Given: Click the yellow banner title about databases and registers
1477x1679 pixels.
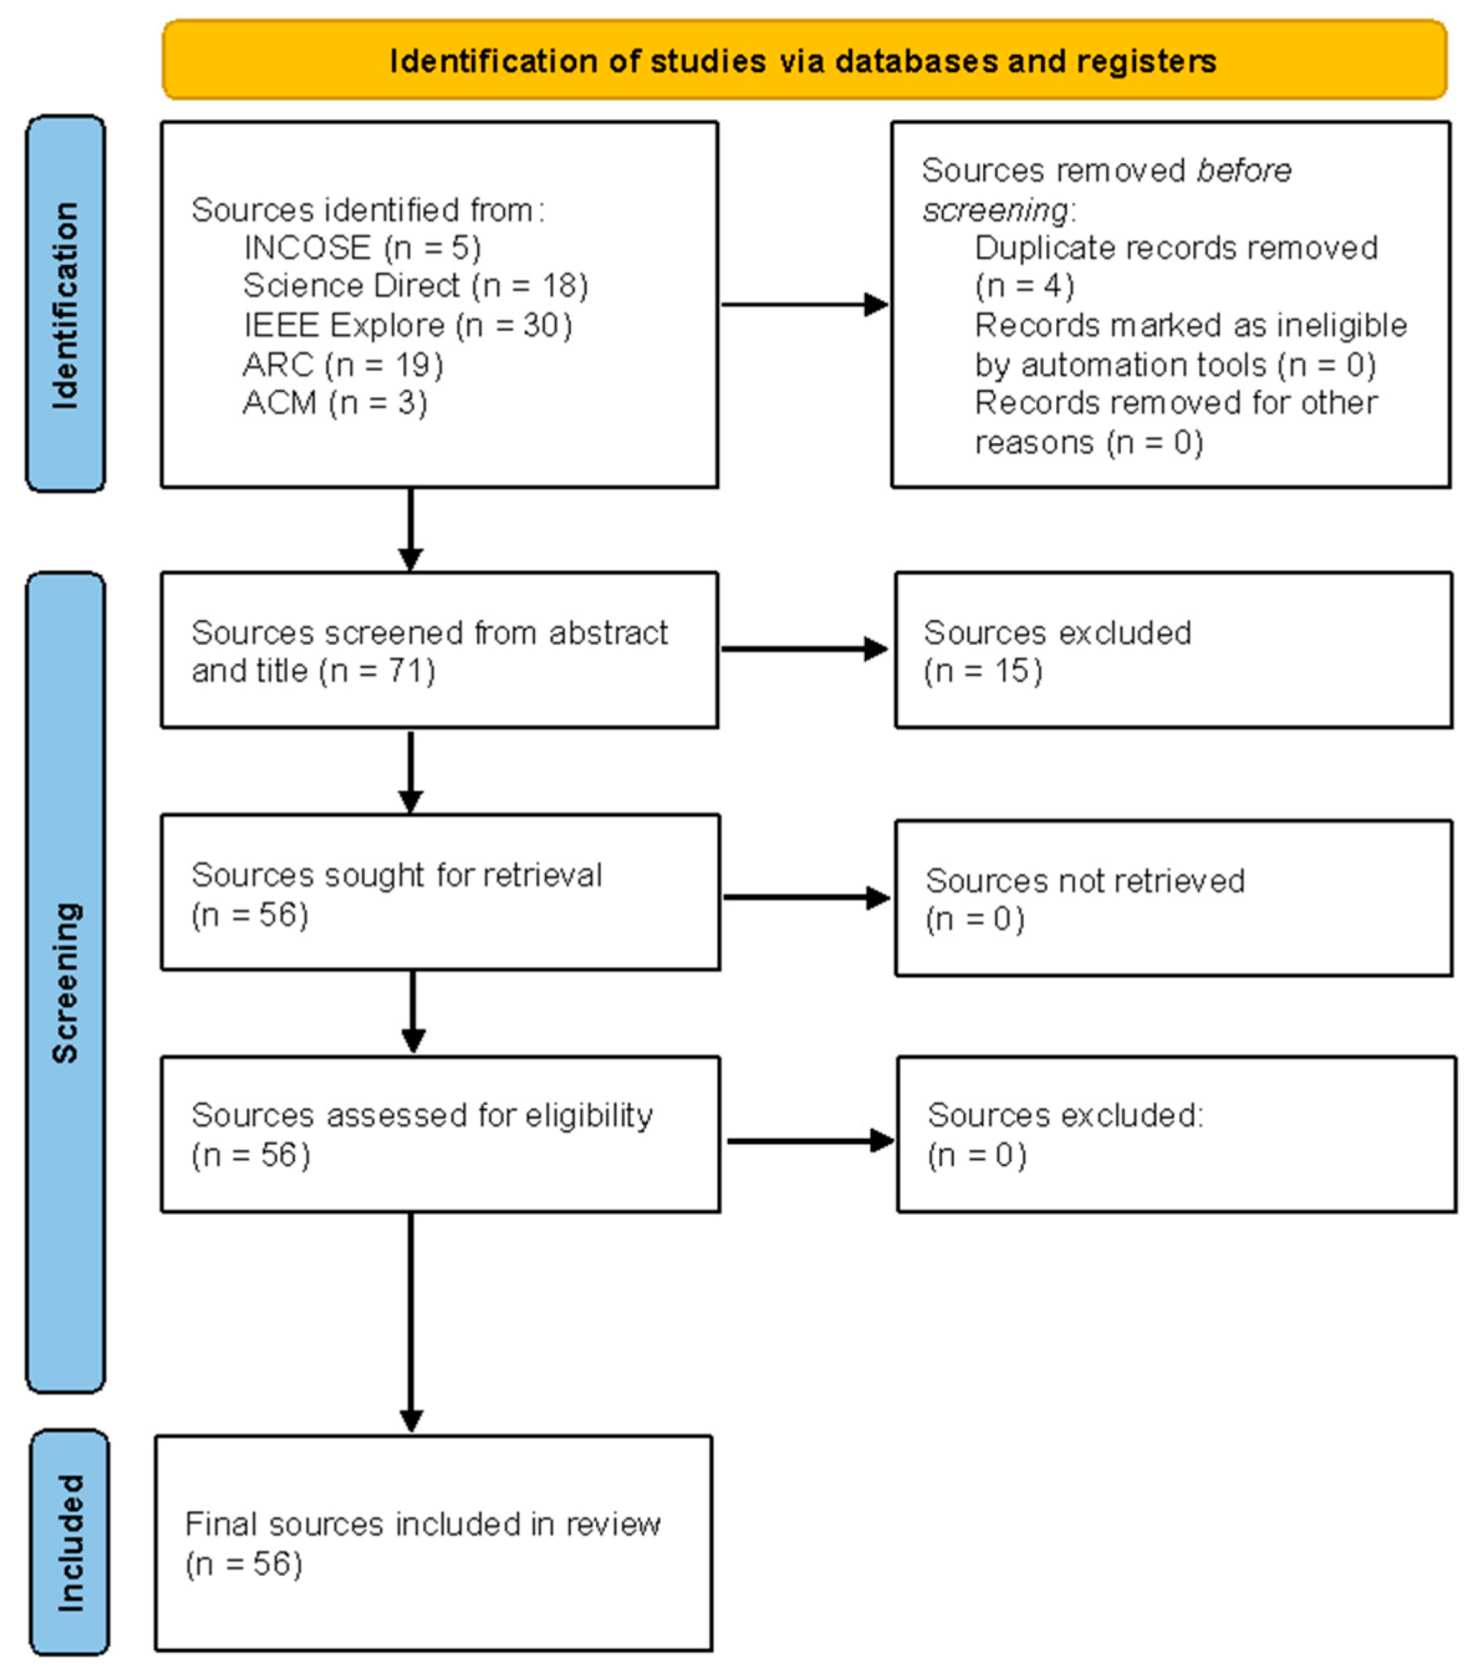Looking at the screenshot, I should pyautogui.click(x=803, y=62).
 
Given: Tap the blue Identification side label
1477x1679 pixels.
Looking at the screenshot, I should pyautogui.click(x=66, y=304).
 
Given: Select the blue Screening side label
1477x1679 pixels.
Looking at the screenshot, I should pyautogui.click(x=66, y=982).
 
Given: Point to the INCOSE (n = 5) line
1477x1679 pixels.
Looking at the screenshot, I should pyautogui.click(x=361, y=247).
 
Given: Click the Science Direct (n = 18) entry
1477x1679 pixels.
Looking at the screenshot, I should pyautogui.click(x=415, y=286).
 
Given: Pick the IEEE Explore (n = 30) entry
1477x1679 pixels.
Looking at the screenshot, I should pyautogui.click(x=407, y=325).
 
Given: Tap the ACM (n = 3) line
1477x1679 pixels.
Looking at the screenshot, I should pyautogui.click(x=334, y=403).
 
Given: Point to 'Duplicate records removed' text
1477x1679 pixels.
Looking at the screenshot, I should pyautogui.click(x=1175, y=248).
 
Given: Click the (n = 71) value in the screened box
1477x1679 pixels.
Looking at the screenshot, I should pyautogui.click(x=377, y=671).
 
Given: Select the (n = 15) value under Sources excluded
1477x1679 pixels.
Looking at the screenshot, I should pyautogui.click(x=982, y=671).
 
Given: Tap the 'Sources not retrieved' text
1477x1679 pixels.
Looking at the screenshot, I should pyautogui.click(x=1084, y=881).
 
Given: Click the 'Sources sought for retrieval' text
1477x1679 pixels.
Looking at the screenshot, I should pyautogui.click(x=396, y=875).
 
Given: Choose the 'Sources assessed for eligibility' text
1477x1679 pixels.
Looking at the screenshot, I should pyautogui.click(x=421, y=1115).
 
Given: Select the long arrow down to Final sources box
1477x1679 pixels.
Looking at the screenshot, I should pyautogui.click(x=411, y=1323).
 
